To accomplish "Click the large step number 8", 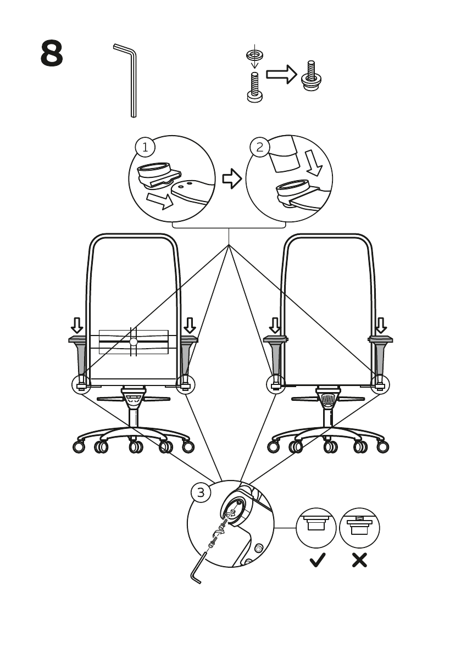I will click(52, 53).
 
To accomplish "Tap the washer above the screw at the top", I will click(253, 55).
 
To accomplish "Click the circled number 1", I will click(145, 147).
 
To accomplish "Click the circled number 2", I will click(260, 147).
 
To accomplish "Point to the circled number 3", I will click(201, 493).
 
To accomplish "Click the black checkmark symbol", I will click(317, 561).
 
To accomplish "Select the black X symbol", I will click(359, 561).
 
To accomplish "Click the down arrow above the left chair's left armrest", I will click(77, 325).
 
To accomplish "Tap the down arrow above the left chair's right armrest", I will click(190, 325).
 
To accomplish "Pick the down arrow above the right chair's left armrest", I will click(274, 325).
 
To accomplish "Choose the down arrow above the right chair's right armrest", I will click(380, 325).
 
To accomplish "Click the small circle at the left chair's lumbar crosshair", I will click(133, 342).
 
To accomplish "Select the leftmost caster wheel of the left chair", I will click(79, 447).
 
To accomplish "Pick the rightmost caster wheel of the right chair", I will click(383, 446).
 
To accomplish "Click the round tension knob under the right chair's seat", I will click(327, 399).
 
